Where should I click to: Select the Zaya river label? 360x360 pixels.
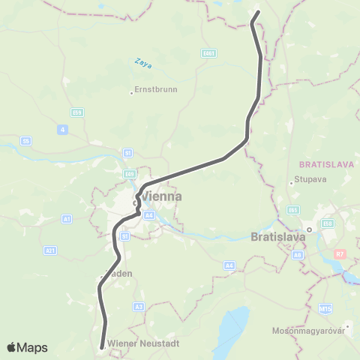(143, 64)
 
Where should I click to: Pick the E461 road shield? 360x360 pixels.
(209, 53)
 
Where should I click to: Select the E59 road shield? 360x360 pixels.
(78, 112)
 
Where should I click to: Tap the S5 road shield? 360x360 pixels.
(26, 140)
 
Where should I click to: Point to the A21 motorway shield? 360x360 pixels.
(50, 250)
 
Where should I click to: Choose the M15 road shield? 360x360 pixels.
(325, 308)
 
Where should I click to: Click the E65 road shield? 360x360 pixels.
(292, 209)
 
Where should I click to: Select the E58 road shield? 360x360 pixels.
(328, 223)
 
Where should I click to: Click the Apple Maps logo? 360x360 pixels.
(27, 347)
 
